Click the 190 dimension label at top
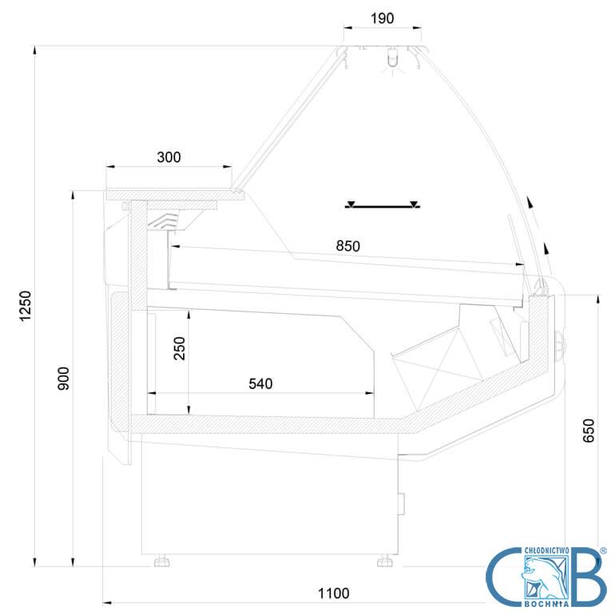click(382, 18)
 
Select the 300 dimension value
click(169, 157)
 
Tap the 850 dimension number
click(348, 246)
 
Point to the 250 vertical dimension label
click(179, 348)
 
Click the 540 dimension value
click(260, 383)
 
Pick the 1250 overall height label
click(25, 306)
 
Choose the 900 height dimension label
click(63, 379)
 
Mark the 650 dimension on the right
click(589, 430)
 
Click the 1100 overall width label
click(333, 593)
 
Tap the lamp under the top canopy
click(392, 58)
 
